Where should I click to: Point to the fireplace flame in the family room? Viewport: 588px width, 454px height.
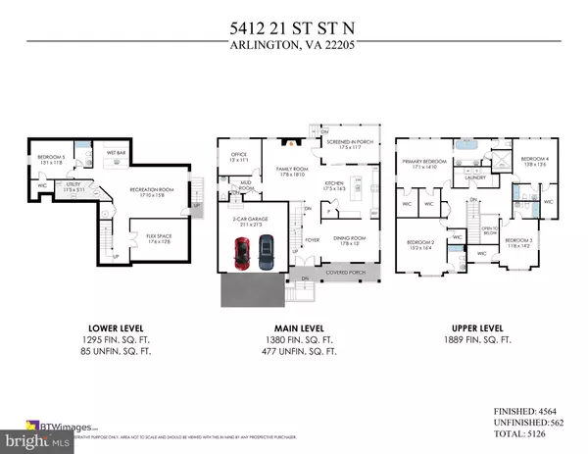286,140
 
